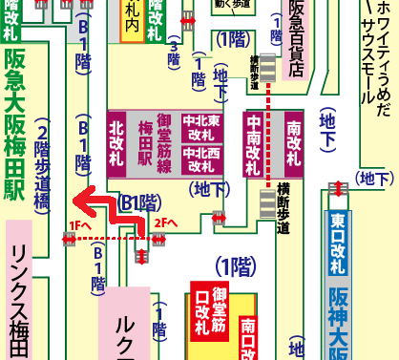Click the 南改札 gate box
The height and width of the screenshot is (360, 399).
294,142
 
